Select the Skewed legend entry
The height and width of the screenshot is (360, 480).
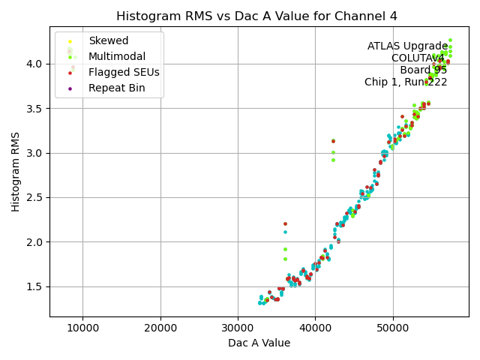108,40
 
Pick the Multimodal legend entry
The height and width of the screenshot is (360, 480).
117,56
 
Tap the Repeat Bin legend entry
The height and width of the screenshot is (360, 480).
116,88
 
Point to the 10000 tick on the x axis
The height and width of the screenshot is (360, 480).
82,328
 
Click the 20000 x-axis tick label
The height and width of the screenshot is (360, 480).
160,328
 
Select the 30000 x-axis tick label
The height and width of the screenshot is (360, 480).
238,328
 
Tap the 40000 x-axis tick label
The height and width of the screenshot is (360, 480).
315,328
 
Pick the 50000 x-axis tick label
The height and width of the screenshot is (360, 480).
392,328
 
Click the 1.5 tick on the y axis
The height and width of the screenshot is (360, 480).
35,286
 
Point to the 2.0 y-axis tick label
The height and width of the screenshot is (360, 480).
35,242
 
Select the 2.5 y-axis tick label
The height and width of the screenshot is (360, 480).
35,197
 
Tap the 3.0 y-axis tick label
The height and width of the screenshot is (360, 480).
35,153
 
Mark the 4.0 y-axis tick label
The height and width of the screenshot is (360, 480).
35,64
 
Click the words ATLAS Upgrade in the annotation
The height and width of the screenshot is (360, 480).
407,46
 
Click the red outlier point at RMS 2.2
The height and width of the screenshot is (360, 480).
285,223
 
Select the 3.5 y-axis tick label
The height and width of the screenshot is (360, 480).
35,108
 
